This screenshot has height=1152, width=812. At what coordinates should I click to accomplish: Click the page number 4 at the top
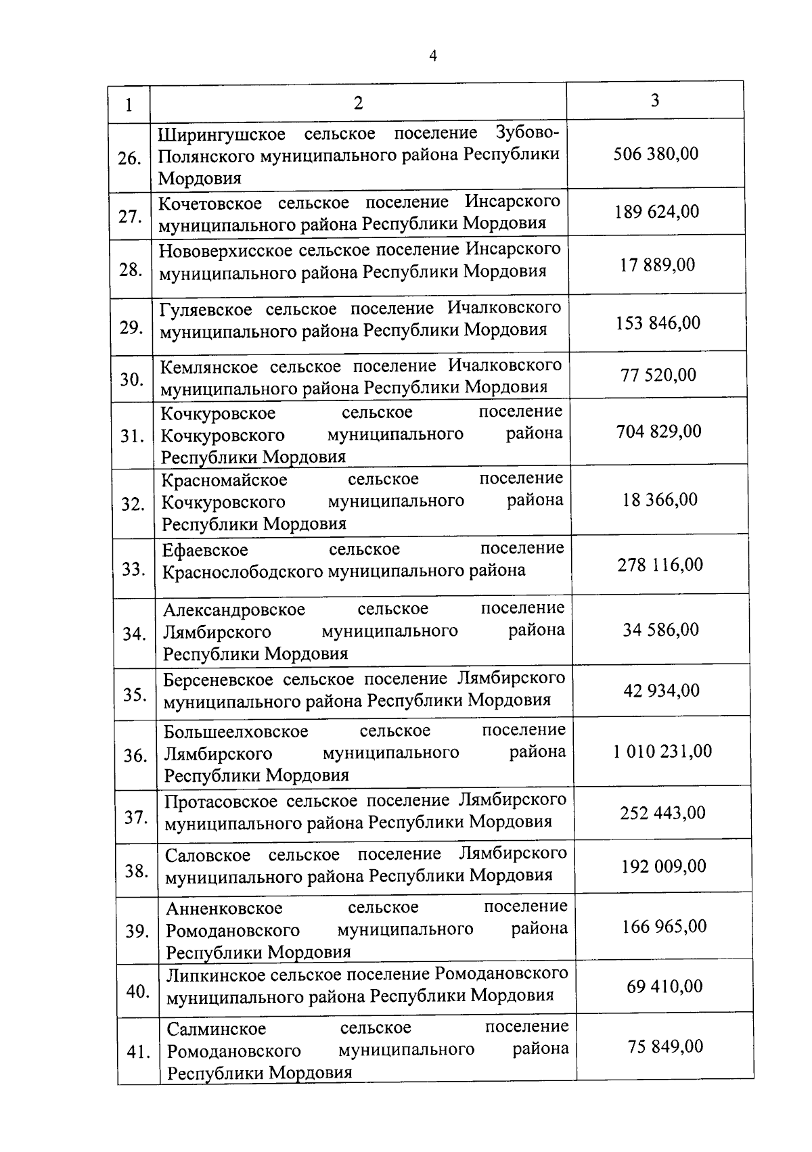pyautogui.click(x=433, y=56)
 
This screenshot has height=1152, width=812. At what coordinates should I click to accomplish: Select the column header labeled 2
pyautogui.click(x=358, y=103)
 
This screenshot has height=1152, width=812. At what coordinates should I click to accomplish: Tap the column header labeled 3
pyautogui.click(x=654, y=100)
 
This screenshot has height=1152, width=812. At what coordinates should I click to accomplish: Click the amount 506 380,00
pyautogui.click(x=655, y=154)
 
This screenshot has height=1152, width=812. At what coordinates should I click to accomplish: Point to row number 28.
pyautogui.click(x=130, y=270)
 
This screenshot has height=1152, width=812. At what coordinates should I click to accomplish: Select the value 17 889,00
pyautogui.click(x=657, y=264)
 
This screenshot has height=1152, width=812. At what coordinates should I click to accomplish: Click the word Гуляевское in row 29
pyautogui.click(x=206, y=310)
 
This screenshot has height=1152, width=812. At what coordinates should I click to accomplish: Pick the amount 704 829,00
pyautogui.click(x=658, y=431)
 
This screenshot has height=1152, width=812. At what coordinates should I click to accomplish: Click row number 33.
pyautogui.click(x=134, y=569)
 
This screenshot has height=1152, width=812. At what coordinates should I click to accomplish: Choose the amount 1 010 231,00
pyautogui.click(x=662, y=751)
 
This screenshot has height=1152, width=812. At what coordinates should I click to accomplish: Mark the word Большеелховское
pyautogui.click(x=235, y=732)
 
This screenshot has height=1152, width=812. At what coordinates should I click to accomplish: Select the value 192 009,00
pyautogui.click(x=663, y=866)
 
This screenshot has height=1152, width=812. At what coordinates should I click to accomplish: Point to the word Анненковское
pyautogui.click(x=224, y=908)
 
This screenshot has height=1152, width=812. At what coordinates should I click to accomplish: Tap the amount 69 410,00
pyautogui.click(x=664, y=986)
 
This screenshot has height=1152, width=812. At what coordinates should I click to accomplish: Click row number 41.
pyautogui.click(x=139, y=1053)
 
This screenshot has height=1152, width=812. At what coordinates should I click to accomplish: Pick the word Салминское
pyautogui.click(x=216, y=1029)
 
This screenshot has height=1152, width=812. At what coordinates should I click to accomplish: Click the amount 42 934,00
pyautogui.click(x=661, y=691)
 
